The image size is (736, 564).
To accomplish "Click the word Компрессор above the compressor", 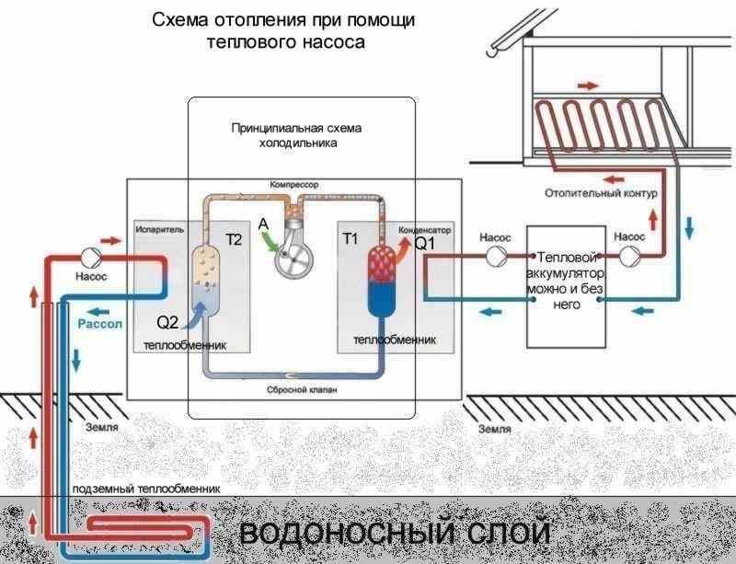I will tap(293, 185).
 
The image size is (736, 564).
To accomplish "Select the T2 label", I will tap(234, 240).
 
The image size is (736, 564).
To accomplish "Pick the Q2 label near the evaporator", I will tap(169, 322).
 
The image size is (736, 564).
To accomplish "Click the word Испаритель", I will tap(161, 227).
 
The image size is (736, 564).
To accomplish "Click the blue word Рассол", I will tap(99, 324).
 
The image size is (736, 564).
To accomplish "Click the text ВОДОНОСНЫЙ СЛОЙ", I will tap(395, 534).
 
